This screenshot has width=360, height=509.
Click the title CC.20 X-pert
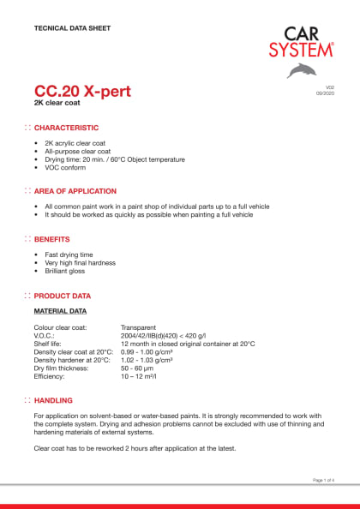point(82,92)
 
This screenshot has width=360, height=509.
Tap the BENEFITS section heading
point(52,239)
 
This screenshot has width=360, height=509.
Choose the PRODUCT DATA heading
point(63,296)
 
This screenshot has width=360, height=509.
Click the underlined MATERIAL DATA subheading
point(59,310)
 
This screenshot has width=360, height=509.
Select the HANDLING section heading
point(53,400)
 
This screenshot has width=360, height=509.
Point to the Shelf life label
point(49,344)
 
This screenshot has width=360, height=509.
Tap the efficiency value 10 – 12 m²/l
point(141,376)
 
